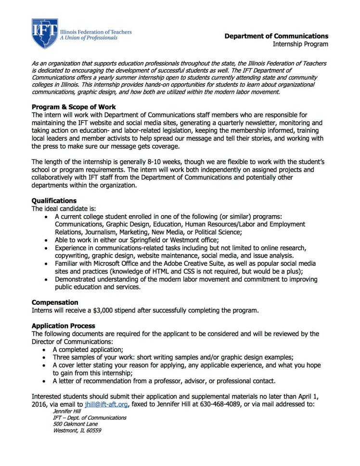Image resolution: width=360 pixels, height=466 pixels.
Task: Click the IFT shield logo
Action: pos(45,33)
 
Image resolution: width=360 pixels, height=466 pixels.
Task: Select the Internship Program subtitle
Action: pos(300,44)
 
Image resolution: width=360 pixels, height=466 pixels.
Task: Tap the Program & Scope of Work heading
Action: pos(74,106)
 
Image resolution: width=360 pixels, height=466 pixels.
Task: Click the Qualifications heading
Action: pos(54,200)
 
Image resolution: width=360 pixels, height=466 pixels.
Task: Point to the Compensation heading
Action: pos(55,302)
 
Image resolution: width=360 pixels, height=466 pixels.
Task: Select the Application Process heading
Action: pos(64,326)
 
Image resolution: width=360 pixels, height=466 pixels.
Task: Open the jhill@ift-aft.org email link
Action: pos(106,404)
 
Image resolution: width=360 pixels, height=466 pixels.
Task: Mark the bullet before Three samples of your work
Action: pos(45,358)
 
